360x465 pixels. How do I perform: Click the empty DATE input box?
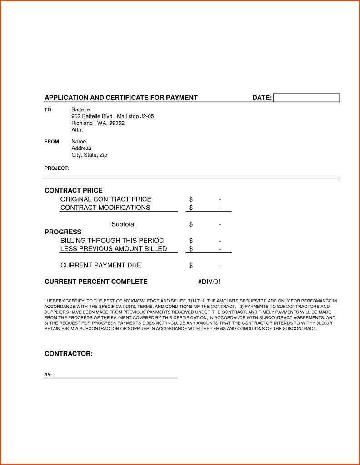pos(306,98)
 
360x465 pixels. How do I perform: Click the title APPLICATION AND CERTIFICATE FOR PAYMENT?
pos(121,98)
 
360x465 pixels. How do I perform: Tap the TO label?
pos(48,110)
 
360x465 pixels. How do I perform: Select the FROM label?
pos(52,142)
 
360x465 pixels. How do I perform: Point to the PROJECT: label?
pos(57,168)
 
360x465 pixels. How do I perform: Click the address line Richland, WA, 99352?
pos(98,123)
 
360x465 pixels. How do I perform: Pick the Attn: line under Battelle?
pos(77,130)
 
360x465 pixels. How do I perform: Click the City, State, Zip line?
pos(89,155)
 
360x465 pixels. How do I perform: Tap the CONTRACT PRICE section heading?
pos(74,190)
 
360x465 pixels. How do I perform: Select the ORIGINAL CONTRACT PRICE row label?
pos(105,199)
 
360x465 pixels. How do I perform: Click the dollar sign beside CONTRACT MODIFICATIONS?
pos(191,208)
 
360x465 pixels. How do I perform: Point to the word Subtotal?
pos(124,224)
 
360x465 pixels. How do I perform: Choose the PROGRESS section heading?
pos(63,232)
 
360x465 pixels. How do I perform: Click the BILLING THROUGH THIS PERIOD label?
pos(112,240)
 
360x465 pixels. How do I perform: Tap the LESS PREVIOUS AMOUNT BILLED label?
pos(114,249)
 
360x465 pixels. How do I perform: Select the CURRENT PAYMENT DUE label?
pos(100,265)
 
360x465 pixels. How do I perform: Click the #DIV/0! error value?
pos(209,282)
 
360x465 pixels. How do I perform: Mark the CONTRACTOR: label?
pos(69,354)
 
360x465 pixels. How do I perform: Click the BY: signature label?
pos(48,375)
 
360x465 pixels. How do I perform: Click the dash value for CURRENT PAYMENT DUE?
pos(220,266)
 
